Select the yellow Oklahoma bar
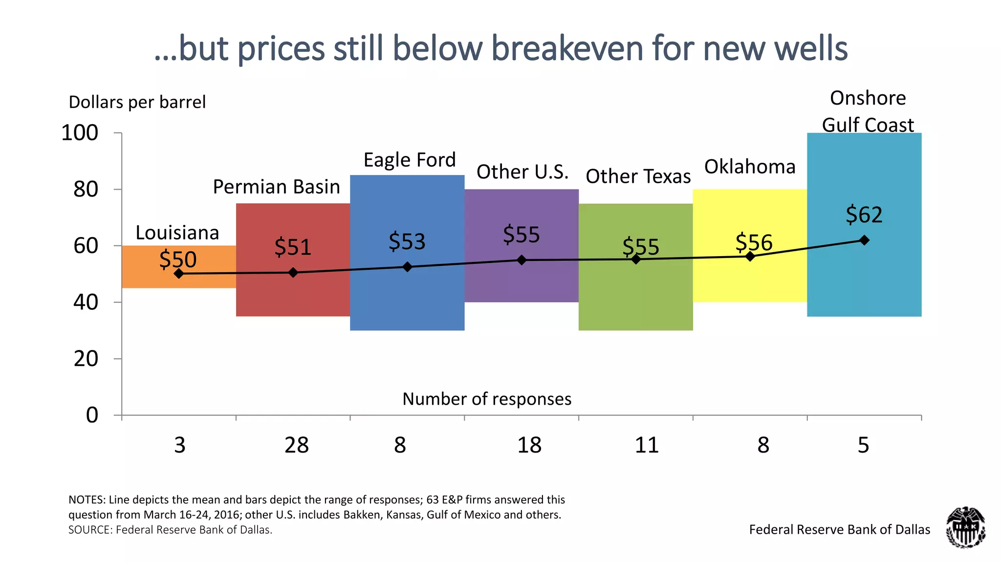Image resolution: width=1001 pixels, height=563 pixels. [750, 283]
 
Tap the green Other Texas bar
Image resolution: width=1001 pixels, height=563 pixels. [635, 298]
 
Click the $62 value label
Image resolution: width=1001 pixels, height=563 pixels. [864, 215]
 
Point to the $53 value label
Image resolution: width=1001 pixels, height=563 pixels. [407, 241]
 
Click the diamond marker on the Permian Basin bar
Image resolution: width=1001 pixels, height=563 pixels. [293, 273]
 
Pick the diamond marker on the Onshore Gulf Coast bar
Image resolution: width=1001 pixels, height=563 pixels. [864, 240]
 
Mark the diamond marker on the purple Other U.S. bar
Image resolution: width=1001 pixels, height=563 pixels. [522, 260]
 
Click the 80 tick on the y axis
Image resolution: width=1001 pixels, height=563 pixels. [86, 190]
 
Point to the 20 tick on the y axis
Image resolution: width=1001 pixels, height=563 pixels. [86, 359]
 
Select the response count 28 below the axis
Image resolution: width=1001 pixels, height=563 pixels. [297, 445]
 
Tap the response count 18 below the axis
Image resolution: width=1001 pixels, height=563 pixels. [529, 445]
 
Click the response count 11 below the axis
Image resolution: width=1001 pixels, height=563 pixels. [647, 445]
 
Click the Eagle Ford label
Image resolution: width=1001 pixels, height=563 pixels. [410, 160]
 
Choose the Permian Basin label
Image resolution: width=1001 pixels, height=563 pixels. [276, 187]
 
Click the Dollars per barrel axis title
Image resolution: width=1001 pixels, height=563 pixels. [137, 102]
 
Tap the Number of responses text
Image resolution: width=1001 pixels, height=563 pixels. [487, 399]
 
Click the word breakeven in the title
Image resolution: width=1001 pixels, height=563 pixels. [567, 49]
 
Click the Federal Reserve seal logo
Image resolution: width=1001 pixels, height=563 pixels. [965, 527]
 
